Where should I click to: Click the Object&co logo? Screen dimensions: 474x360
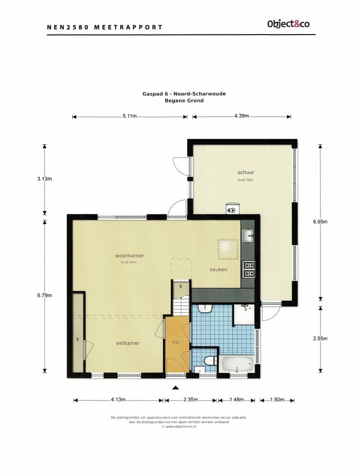click(x=288, y=24)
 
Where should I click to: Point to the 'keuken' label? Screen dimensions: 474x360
click(x=218, y=269)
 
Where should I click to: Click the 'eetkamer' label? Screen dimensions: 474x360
click(x=128, y=343)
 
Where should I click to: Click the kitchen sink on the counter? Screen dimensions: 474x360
click(x=247, y=235)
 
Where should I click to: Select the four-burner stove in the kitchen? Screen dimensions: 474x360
click(x=248, y=269)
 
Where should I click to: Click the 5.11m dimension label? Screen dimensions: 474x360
click(x=129, y=117)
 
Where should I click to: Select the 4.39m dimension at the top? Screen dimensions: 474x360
click(x=241, y=117)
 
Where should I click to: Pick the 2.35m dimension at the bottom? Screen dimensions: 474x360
click(x=190, y=400)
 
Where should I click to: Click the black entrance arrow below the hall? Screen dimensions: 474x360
click(x=175, y=387)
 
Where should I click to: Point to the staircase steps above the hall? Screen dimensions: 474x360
click(x=179, y=305)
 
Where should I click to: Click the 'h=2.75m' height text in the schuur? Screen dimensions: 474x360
click(x=245, y=180)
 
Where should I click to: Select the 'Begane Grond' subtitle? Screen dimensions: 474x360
click(x=184, y=100)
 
